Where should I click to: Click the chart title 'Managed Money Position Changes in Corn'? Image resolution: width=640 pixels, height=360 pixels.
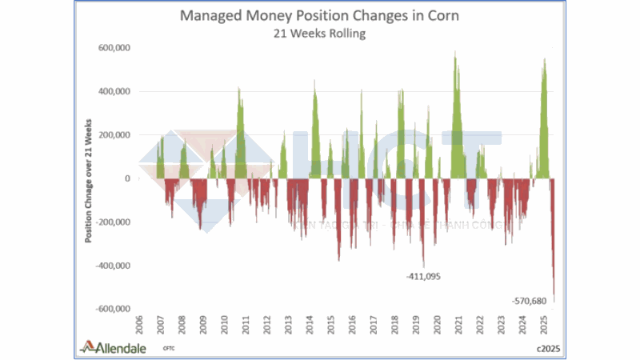319,16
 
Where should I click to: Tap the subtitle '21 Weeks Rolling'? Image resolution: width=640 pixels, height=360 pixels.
320,34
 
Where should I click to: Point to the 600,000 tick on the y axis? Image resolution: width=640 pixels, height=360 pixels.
113,48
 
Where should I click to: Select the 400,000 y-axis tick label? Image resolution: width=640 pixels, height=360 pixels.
113,91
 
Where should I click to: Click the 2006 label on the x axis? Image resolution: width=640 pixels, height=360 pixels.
140,327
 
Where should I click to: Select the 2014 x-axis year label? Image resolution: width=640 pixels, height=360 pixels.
310,327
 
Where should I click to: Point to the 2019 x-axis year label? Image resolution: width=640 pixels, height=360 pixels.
416,327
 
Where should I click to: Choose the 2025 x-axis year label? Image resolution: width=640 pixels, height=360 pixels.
544,327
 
